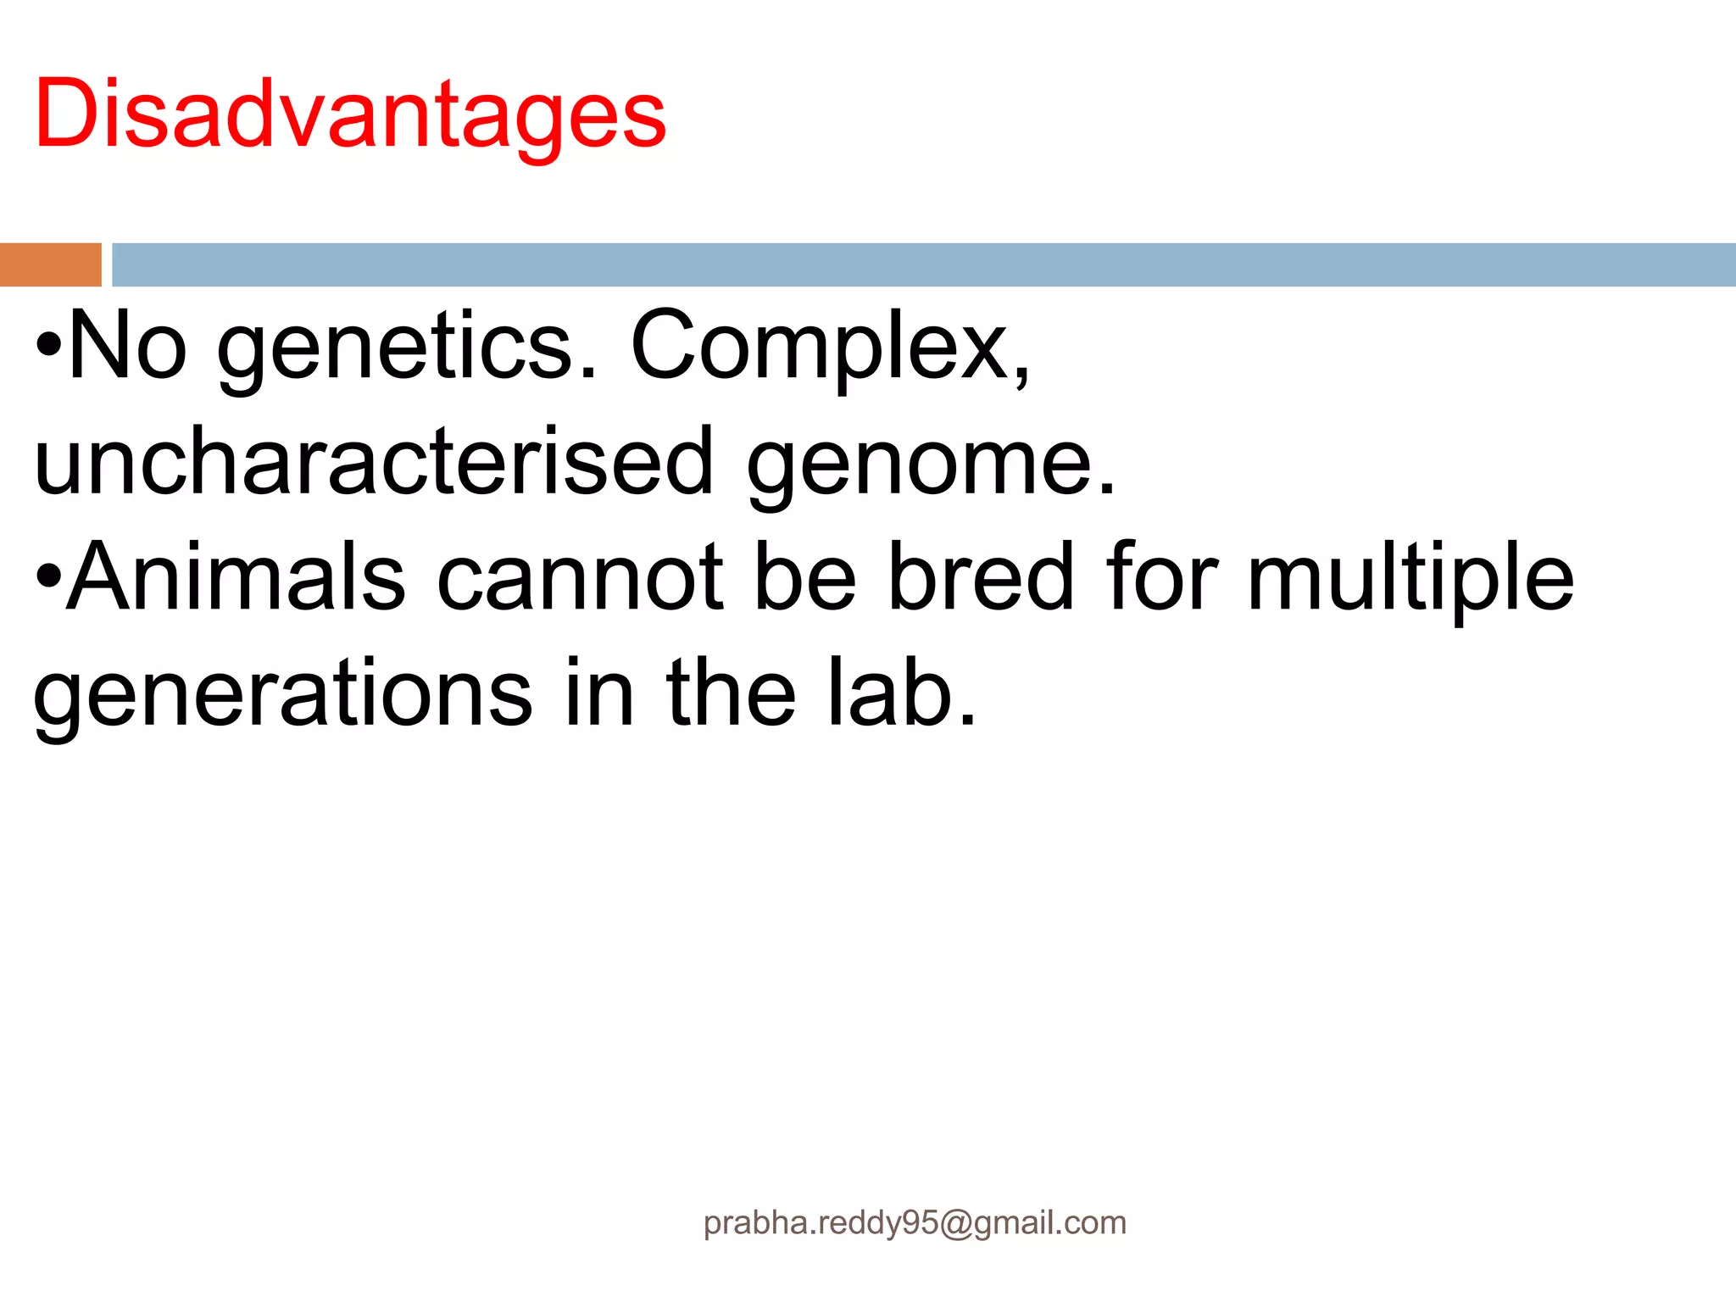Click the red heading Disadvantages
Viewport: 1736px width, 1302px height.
tap(350, 114)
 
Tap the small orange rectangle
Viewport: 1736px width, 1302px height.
tap(50, 264)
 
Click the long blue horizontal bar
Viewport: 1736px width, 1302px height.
tap(922, 264)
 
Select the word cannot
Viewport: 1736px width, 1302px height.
tap(580, 579)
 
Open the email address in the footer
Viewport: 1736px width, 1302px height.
tap(915, 1223)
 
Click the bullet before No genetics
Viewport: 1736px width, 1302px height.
tap(49, 346)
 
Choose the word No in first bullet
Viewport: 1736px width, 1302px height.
tap(127, 347)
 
